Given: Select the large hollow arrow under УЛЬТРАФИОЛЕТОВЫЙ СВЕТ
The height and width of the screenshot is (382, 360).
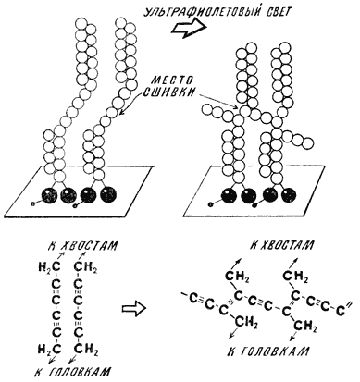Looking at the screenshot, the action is tap(189, 28).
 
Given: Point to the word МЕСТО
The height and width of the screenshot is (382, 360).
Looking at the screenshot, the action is tap(173, 80).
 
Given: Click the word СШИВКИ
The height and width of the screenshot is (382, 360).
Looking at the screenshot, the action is tap(170, 92).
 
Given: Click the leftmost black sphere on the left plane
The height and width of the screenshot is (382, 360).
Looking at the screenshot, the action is tap(50, 195).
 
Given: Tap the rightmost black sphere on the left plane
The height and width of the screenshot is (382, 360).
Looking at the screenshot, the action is tap(108, 195).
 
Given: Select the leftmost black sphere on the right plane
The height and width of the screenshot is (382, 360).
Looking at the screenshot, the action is tap(229, 195).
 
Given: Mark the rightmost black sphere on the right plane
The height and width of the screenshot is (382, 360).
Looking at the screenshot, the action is tap(289, 195).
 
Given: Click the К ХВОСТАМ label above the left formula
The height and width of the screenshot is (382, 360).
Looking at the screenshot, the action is tap(83, 246).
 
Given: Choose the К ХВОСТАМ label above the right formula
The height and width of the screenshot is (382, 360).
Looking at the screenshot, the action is tap(281, 245).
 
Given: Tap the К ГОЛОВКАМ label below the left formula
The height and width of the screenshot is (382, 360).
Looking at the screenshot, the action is tap(73, 371).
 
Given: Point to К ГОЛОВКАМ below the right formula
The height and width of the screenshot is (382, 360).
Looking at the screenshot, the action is tap(268, 351).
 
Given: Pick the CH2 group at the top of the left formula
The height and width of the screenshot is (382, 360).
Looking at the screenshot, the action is tap(86, 266).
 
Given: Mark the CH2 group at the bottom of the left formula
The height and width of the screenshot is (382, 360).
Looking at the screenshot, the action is tap(86, 350).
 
